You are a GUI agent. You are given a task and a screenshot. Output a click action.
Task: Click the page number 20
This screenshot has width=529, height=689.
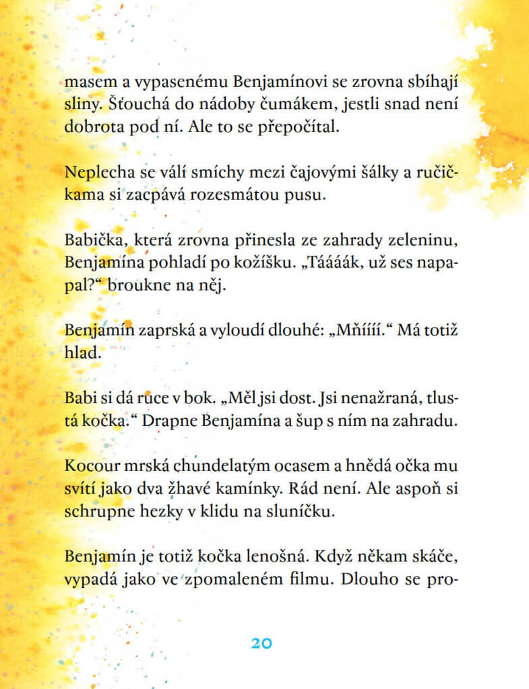[261, 643]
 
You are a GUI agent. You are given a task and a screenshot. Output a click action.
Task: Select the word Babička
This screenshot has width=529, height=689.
[91, 239]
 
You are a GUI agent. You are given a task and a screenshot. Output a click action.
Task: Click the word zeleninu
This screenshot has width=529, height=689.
[429, 239]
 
